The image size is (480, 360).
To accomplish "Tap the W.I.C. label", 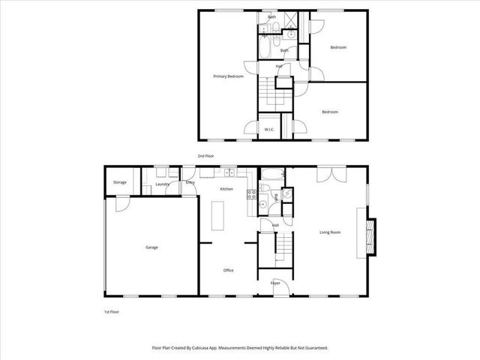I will (x=268, y=130).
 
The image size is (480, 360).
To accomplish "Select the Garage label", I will (x=151, y=247).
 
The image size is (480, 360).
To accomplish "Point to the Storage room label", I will (x=120, y=182).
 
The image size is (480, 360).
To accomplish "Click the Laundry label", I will (x=160, y=184).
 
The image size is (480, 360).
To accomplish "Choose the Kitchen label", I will (x=226, y=189).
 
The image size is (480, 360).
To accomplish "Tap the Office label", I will (x=229, y=270).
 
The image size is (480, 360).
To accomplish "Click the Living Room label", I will (x=330, y=232).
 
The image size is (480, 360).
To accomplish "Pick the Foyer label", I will (x=275, y=283).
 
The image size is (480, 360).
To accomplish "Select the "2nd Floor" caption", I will (x=205, y=156).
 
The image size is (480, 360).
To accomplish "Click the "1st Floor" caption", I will (x=112, y=310).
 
